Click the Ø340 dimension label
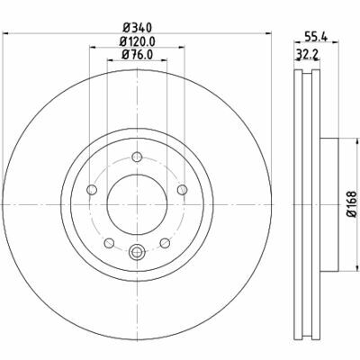(x=138, y=28)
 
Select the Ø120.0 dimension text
(x=137, y=41)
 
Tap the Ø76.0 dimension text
(x=138, y=55)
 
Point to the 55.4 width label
(x=316, y=37)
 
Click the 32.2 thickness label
(x=308, y=54)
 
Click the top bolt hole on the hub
(x=137, y=157)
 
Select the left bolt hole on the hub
(x=92, y=190)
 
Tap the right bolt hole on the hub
(x=182, y=190)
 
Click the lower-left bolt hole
(x=109, y=243)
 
